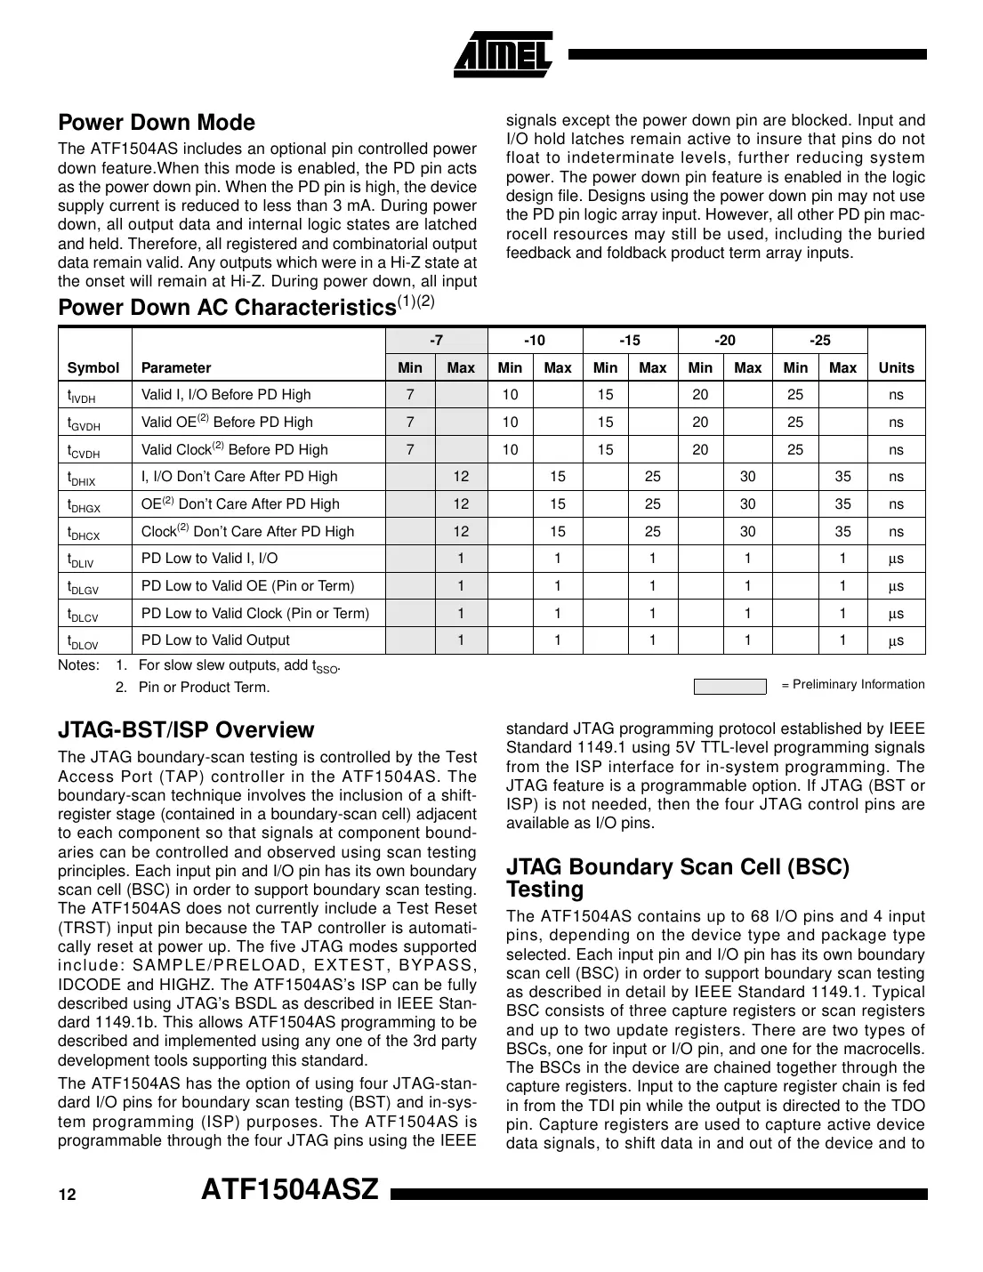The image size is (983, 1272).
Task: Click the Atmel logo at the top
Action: click(x=504, y=54)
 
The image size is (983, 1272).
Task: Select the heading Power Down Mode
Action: click(x=157, y=123)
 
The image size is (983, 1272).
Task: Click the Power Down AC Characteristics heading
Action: click(x=227, y=308)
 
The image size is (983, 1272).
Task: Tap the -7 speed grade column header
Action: click(x=436, y=341)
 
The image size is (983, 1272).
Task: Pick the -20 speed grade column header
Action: click(x=724, y=341)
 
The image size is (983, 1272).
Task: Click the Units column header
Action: click(x=895, y=368)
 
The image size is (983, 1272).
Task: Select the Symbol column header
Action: click(x=93, y=368)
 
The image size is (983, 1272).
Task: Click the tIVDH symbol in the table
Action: click(x=82, y=396)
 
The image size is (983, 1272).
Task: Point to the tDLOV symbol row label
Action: click(x=83, y=641)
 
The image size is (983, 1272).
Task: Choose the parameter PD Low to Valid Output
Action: click(x=215, y=640)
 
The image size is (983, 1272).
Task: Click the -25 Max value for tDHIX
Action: click(x=842, y=477)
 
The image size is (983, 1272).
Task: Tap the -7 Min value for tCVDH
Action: click(x=410, y=450)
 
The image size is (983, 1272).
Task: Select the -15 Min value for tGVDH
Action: click(x=605, y=423)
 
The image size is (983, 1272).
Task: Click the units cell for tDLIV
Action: click(x=895, y=560)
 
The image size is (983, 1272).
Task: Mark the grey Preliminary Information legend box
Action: click(x=729, y=686)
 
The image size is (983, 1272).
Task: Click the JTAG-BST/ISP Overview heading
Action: click(x=186, y=730)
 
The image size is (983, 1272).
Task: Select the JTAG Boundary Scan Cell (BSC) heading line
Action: click(x=678, y=868)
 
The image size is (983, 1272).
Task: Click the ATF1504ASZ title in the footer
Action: click(x=291, y=1189)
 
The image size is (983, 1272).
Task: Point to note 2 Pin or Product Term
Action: click(x=204, y=688)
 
